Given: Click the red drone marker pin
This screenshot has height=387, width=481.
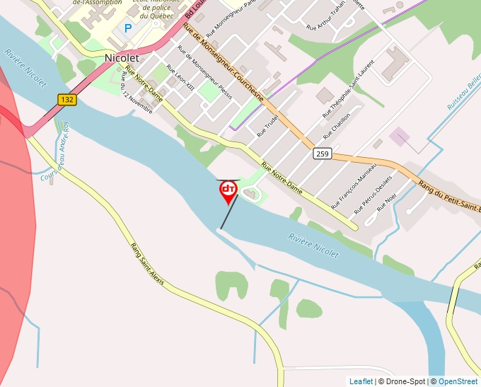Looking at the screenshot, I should coord(228,190).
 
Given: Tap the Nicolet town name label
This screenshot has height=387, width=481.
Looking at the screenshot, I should coord(122,57).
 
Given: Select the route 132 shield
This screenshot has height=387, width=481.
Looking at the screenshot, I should coord(67,100).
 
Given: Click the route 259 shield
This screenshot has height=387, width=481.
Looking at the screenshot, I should coord(323,153).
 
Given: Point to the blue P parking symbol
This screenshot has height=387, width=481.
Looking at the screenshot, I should coord(128,28).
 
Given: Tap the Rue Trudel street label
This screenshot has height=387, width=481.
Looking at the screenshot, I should coord(267,125).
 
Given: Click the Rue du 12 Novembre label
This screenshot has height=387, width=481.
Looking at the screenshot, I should coord(137,92).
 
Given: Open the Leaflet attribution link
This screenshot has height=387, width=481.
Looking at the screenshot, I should coord(361,381).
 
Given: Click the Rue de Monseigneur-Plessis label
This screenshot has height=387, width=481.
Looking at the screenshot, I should coord(204,72).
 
